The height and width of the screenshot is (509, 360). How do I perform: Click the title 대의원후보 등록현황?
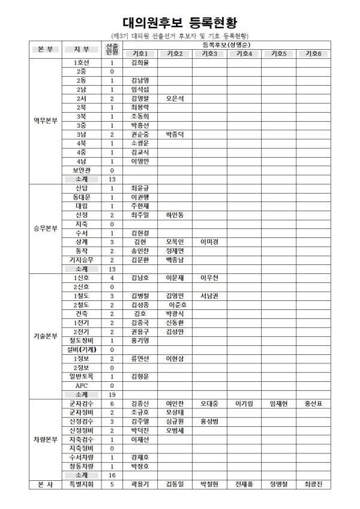point(179,23)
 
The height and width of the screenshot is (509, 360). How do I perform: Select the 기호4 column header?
point(244,54)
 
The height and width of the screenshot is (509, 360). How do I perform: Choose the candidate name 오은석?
point(175,98)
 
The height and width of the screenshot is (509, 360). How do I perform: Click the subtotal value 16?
point(112,475)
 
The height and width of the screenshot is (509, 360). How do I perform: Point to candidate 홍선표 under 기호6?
point(313,403)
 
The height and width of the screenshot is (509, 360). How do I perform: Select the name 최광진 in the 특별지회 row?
point(313,484)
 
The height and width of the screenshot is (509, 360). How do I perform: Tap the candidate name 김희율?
point(140,62)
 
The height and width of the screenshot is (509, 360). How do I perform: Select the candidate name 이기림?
point(244,403)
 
